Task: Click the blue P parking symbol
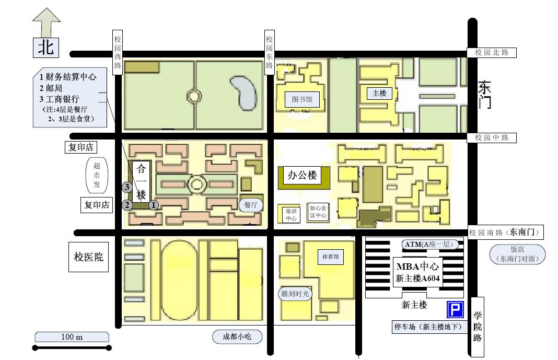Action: [x=455, y=309]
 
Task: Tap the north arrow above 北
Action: [x=47, y=22]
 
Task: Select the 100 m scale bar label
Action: [x=72, y=337]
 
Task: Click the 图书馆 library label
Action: [x=302, y=99]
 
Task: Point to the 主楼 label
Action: [x=379, y=93]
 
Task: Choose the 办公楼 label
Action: [x=302, y=175]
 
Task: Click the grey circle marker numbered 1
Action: [x=154, y=205]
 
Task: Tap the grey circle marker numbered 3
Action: [x=127, y=187]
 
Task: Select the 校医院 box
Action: [x=88, y=257]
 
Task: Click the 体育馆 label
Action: [x=331, y=257]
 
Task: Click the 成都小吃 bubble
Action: [x=237, y=336]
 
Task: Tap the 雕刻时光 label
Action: [x=295, y=294]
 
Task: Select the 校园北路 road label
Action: [x=492, y=53]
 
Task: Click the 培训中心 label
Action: [x=290, y=215]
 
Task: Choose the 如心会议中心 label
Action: [x=318, y=212]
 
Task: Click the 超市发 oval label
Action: [x=97, y=176]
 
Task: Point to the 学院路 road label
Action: [x=478, y=327]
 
